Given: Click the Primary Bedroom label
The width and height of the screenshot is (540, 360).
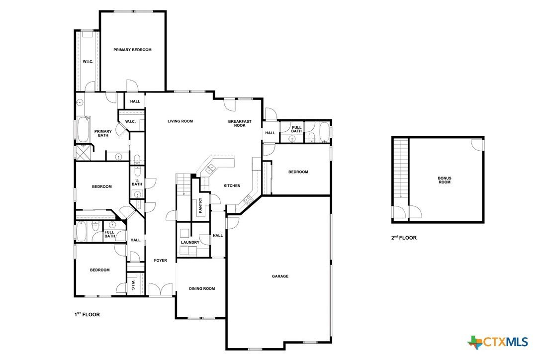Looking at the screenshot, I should [x=132, y=50].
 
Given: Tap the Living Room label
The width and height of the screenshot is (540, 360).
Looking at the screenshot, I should [x=180, y=121].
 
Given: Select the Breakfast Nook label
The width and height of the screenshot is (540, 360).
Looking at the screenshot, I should [x=240, y=123].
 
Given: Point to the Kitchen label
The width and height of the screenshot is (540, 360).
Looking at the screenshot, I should [x=232, y=185].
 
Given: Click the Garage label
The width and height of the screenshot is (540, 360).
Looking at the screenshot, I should [x=280, y=276].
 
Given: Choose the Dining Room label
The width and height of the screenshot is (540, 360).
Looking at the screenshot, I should [x=202, y=288].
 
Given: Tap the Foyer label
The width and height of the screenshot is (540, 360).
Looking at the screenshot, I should [x=160, y=261].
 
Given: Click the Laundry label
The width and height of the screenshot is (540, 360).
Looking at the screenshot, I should [x=190, y=243].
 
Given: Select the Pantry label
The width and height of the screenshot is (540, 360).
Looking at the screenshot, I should [x=200, y=205].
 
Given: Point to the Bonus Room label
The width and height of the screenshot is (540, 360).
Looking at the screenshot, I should [x=445, y=180].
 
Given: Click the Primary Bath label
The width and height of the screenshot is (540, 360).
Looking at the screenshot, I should [x=103, y=133].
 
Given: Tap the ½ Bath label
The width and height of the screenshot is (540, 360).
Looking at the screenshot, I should [x=137, y=182].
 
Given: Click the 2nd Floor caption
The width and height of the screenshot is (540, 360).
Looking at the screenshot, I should [x=403, y=238].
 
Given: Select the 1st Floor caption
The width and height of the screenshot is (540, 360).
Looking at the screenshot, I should [x=87, y=314].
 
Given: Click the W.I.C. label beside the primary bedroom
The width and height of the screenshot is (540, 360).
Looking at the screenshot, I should [x=88, y=61].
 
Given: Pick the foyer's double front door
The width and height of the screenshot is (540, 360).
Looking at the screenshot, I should [x=161, y=290].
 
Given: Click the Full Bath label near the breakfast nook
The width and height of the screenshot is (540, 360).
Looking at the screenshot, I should [x=296, y=129].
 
